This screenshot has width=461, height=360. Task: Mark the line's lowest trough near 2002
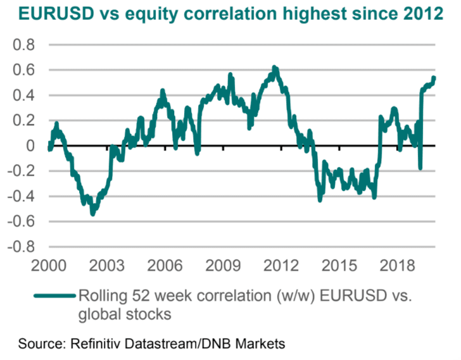(x=93, y=214)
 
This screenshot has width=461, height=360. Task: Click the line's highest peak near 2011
(x=274, y=66)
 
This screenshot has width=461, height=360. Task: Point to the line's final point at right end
(x=434, y=78)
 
